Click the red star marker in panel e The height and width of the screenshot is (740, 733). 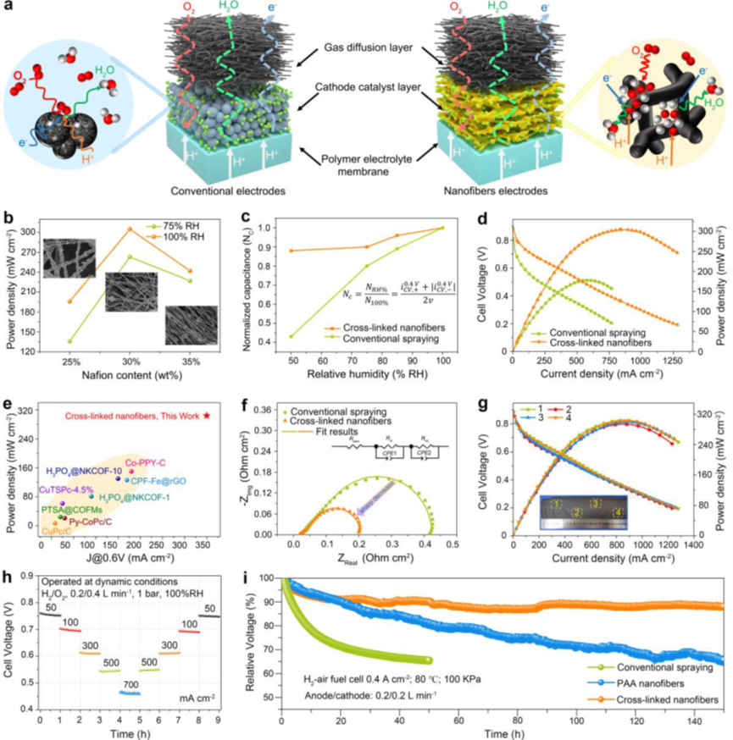click(x=206, y=415)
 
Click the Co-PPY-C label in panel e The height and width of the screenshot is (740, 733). click(x=144, y=462)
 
